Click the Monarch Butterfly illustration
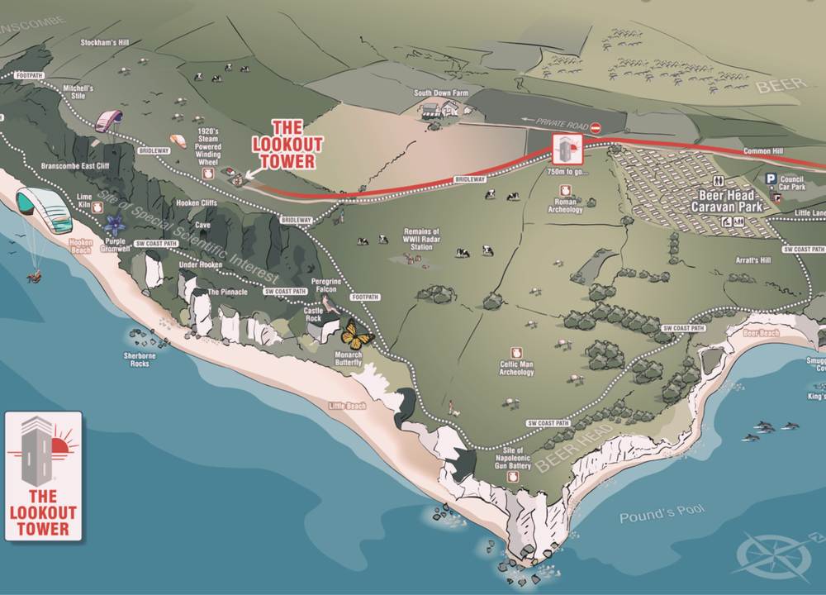357,334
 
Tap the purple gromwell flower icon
115,224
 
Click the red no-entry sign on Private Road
596,127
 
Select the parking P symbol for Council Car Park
770,178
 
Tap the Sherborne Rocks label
137,359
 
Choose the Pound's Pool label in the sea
662,514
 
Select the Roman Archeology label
565,206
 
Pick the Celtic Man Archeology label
517,368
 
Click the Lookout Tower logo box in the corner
44,475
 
